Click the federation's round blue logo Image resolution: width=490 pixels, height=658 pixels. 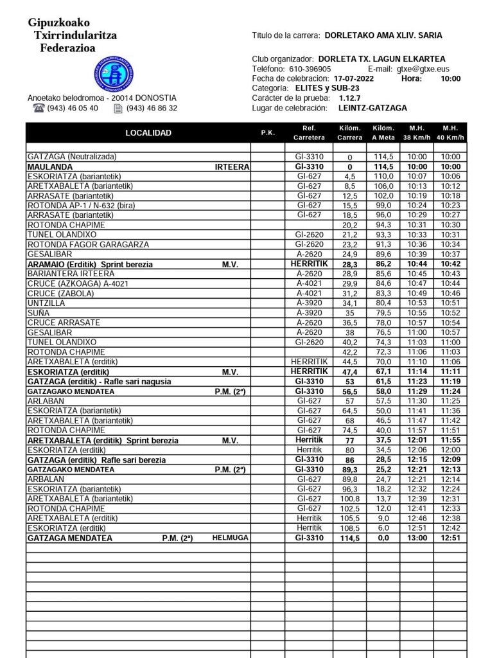pyautogui.click(x=114, y=73)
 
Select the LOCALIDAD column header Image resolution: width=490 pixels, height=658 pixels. pyautogui.click(x=148, y=133)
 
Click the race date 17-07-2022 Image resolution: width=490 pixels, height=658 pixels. pyautogui.click(x=354, y=78)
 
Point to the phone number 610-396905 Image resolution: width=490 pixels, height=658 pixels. pyautogui.click(x=310, y=69)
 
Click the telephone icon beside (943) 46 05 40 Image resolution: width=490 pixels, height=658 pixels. pyautogui.click(x=39, y=108)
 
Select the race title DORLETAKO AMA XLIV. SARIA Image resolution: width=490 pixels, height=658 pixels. pyautogui.click(x=383, y=36)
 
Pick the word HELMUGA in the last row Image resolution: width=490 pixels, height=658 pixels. pyautogui.click(x=230, y=538)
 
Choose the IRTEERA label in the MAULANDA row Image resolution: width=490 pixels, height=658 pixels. pyautogui.click(x=231, y=166)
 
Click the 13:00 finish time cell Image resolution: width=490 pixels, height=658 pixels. pyautogui.click(x=417, y=538)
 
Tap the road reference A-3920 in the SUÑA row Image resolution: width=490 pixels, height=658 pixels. pyautogui.click(x=309, y=313)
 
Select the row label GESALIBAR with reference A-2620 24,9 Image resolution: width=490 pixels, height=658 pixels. pyautogui.click(x=49, y=254)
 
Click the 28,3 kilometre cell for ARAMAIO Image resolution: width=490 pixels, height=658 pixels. pyautogui.click(x=349, y=264)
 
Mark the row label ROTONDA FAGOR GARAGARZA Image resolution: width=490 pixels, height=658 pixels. pyautogui.click(x=88, y=245)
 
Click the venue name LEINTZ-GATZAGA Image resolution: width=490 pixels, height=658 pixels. pyautogui.click(x=372, y=108)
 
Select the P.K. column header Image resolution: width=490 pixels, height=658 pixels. pyautogui.click(x=268, y=133)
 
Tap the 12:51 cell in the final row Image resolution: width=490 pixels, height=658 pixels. pyautogui.click(x=450, y=538)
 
